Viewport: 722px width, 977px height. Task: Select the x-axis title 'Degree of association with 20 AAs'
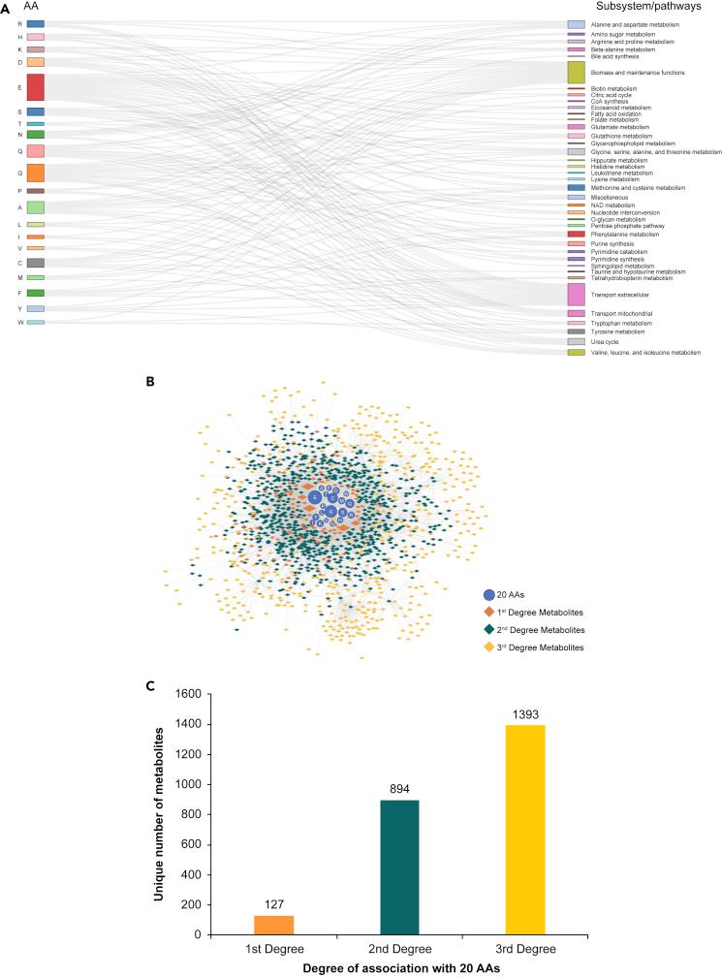point(392,968)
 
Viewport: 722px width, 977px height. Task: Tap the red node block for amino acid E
point(35,87)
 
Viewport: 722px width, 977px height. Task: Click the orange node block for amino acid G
point(35,173)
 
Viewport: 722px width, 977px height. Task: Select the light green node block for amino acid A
point(35,207)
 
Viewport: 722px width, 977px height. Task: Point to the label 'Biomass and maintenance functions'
point(644,73)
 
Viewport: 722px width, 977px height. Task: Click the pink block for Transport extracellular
point(576,294)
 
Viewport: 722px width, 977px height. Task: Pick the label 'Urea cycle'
point(611,342)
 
